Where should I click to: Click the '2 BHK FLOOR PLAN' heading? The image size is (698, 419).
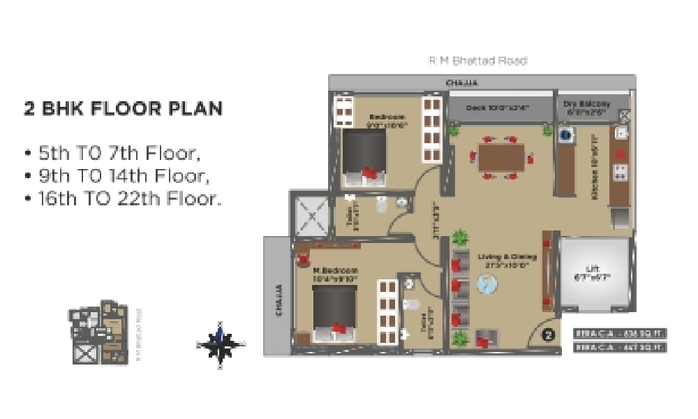pos(124,109)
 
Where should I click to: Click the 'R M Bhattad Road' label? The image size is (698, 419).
pos(477,61)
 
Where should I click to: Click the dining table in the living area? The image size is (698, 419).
pos(500,156)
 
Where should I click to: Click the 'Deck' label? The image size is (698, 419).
pos(498,108)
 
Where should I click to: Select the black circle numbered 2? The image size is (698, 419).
pos(549,335)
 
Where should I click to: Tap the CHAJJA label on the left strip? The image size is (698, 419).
pos(278,300)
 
